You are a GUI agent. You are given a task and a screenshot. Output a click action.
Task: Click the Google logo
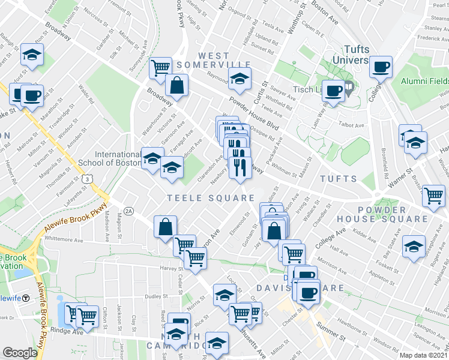coord(20,352)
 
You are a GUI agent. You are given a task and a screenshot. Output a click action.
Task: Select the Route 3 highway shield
coord(88,179)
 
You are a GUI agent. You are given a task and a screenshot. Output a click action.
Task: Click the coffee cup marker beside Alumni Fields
coord(380,66)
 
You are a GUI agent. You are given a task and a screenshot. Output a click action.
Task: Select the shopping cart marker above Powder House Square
coord(434,195)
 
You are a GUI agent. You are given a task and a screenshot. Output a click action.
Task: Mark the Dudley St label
coord(155,295)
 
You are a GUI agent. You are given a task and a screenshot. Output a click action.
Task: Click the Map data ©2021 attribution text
coord(423,355)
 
